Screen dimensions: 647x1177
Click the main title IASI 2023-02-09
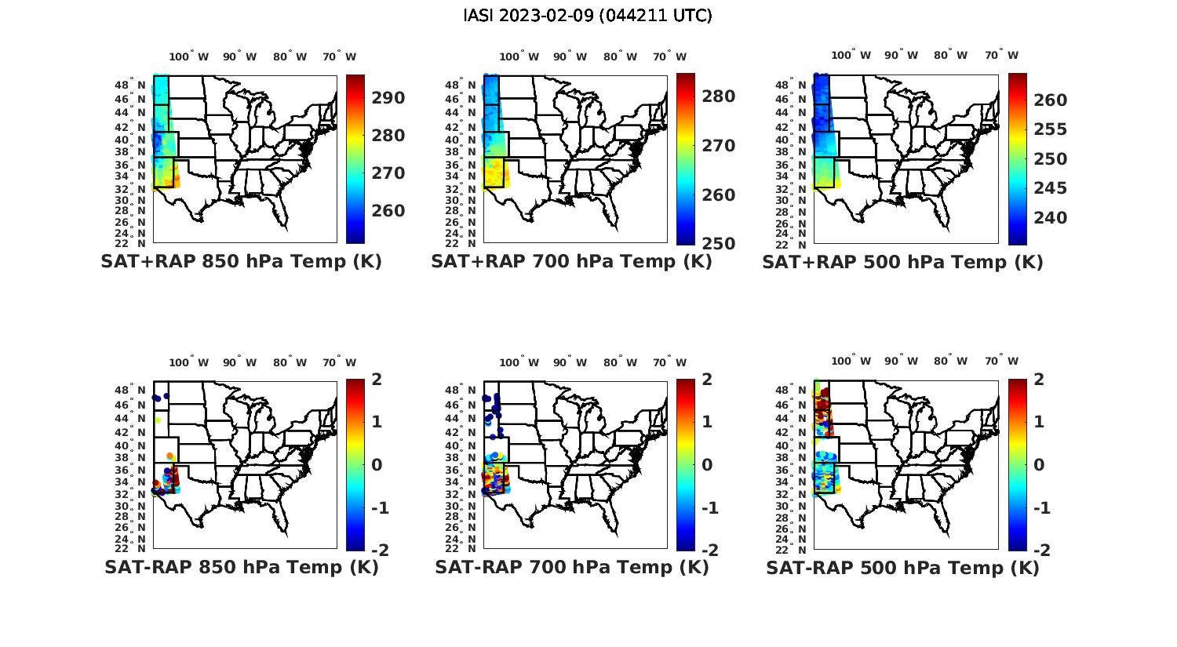(588, 16)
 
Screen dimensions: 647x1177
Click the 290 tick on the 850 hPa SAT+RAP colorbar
(388, 98)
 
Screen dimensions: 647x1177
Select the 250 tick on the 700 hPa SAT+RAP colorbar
(718, 244)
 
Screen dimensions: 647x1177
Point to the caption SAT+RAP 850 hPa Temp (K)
(241, 262)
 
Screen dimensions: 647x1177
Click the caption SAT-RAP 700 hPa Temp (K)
(572, 567)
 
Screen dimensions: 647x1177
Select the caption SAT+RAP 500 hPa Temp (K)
(902, 262)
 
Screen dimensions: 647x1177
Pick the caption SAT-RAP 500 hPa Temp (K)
(902, 567)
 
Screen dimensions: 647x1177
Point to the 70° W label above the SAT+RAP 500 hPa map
(1000, 56)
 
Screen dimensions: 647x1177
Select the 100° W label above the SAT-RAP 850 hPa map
(189, 362)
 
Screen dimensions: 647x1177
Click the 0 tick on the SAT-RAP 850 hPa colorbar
(376, 464)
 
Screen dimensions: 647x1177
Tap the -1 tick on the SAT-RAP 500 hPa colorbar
(1041, 507)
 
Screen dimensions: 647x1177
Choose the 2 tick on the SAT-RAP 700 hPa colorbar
(707, 380)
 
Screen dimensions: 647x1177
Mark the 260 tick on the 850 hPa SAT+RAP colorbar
(388, 211)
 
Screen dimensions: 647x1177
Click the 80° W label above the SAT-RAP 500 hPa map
(949, 362)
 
